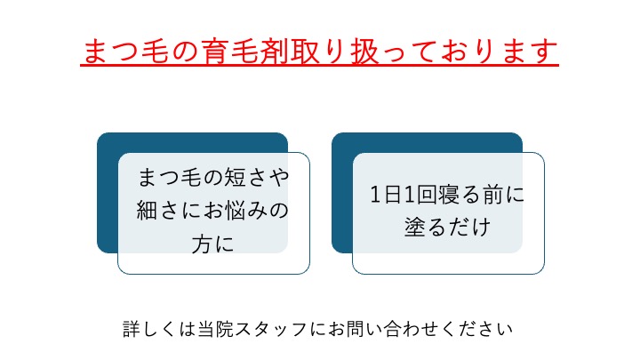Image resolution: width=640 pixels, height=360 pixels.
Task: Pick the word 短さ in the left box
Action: [x=241, y=178]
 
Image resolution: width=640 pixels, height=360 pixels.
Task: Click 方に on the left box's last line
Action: [x=213, y=244]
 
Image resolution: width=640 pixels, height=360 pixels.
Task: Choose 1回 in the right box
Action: [x=420, y=195]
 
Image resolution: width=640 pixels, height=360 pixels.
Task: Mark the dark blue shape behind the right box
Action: [x=342, y=192]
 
